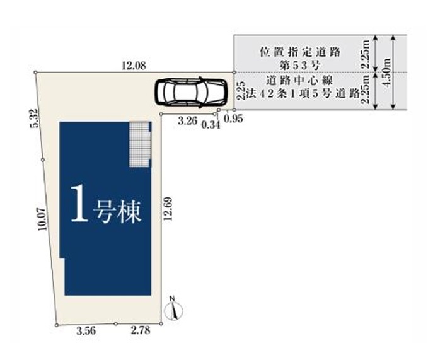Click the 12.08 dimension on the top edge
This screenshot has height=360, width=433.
134,66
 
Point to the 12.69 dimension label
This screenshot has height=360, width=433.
168,208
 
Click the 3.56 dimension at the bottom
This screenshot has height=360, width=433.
86,331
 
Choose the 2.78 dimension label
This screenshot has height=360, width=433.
141,330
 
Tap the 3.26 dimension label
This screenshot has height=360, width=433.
187,121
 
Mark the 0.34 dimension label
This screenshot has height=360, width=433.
211,125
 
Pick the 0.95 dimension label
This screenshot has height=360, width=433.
234,119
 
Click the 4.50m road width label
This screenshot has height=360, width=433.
387,73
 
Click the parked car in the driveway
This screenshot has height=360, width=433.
191,91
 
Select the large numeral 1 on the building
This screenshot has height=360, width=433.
79,203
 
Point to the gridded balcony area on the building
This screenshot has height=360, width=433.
140,144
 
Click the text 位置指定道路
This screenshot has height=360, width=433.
299,52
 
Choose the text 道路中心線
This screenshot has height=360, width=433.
299,81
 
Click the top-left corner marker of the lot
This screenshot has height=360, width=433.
35,73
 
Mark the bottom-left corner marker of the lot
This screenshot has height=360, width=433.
57,325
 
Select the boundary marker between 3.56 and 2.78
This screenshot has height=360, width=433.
116,324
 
